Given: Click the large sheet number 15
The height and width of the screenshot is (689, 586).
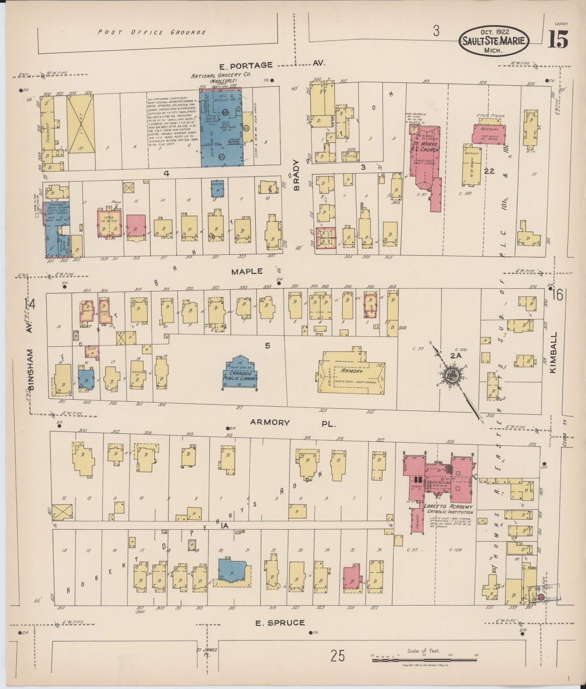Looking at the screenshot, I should click(x=558, y=40).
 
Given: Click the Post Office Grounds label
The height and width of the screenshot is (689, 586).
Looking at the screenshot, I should click(x=152, y=32).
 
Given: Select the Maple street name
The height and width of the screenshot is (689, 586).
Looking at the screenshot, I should click(x=247, y=271).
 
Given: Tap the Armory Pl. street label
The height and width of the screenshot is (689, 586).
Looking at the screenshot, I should click(x=293, y=422).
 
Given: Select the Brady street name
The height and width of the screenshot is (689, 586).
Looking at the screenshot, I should click(x=296, y=175).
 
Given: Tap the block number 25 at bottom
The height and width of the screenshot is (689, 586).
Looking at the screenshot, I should click(x=337, y=655).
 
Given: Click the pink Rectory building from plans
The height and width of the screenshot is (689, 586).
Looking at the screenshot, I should click(x=489, y=133).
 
